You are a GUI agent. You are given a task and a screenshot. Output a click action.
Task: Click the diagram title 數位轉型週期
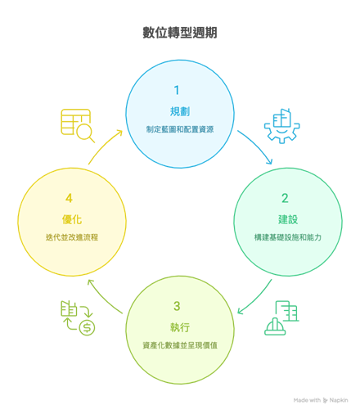tap(180, 33)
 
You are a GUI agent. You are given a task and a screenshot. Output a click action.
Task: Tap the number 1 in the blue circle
tap(177, 90)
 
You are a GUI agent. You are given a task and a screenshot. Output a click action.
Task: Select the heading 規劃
tap(180, 111)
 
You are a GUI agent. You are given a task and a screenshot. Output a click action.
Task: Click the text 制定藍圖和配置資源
tap(180, 129)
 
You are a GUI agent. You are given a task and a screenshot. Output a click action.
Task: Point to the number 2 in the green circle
tap(285, 198)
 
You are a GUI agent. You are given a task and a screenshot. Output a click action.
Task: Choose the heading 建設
tap(288, 219)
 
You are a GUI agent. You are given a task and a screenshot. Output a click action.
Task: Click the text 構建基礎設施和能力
tap(288, 237)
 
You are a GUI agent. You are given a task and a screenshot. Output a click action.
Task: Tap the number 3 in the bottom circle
tap(177, 306)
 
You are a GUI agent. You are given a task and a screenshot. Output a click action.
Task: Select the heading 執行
tap(180, 327)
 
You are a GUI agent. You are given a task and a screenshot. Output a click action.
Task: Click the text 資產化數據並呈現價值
tap(180, 345)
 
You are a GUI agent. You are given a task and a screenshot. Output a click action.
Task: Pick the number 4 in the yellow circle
tap(69, 198)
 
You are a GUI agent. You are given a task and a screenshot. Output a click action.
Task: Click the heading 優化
tap(72, 219)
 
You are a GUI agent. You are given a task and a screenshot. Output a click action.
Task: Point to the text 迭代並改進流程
tap(72, 237)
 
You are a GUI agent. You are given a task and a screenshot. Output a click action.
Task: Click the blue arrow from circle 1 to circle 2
tap(258, 145)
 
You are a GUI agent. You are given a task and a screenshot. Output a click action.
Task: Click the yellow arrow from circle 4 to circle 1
tap(103, 145)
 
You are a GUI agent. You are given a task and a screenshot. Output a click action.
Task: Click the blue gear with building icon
tap(281, 126)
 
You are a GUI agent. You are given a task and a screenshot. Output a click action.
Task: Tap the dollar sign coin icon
tap(87, 327)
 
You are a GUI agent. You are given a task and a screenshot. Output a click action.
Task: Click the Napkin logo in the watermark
tap(325, 400)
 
